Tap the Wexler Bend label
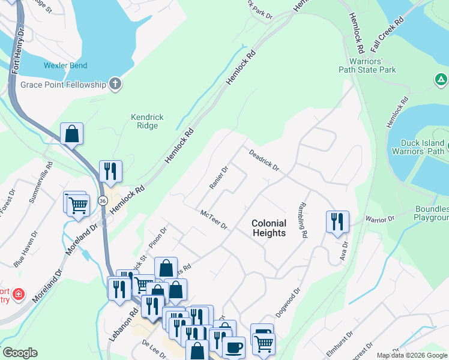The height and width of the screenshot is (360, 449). coord(65,65)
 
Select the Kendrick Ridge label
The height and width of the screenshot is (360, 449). coord(147,121)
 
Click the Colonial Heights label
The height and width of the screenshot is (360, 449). coord(269,228)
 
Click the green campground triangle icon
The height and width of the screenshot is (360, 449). coord(441,79)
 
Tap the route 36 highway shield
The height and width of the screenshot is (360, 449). coord(103,200)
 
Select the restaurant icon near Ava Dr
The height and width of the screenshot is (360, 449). coord(337,221)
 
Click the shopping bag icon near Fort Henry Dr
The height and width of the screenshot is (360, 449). coord(71,134)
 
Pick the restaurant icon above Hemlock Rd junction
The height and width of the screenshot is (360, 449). coord(110,171)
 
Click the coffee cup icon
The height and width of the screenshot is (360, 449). coord(234,347)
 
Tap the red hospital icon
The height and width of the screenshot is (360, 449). coord(19,295)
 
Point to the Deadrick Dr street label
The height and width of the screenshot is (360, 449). coord(265,160)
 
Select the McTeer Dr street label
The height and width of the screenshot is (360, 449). coord(214,219)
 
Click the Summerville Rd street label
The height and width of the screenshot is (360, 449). coord(43,175)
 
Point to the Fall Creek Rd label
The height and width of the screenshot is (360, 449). coord(390,28)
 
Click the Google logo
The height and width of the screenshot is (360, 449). coord(20,353)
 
